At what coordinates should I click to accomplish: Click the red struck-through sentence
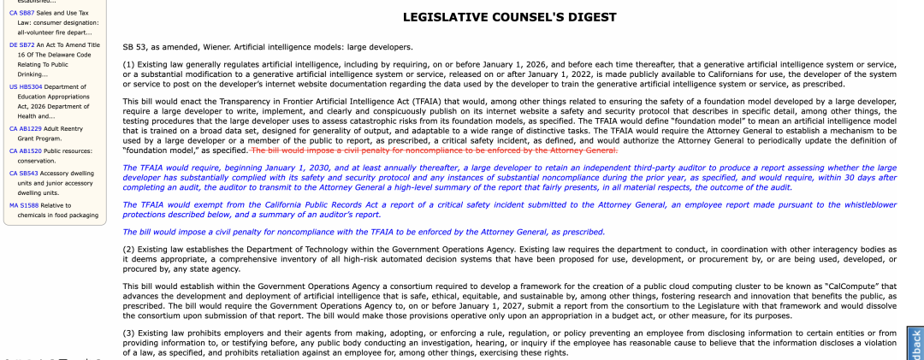[x=434, y=150]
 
